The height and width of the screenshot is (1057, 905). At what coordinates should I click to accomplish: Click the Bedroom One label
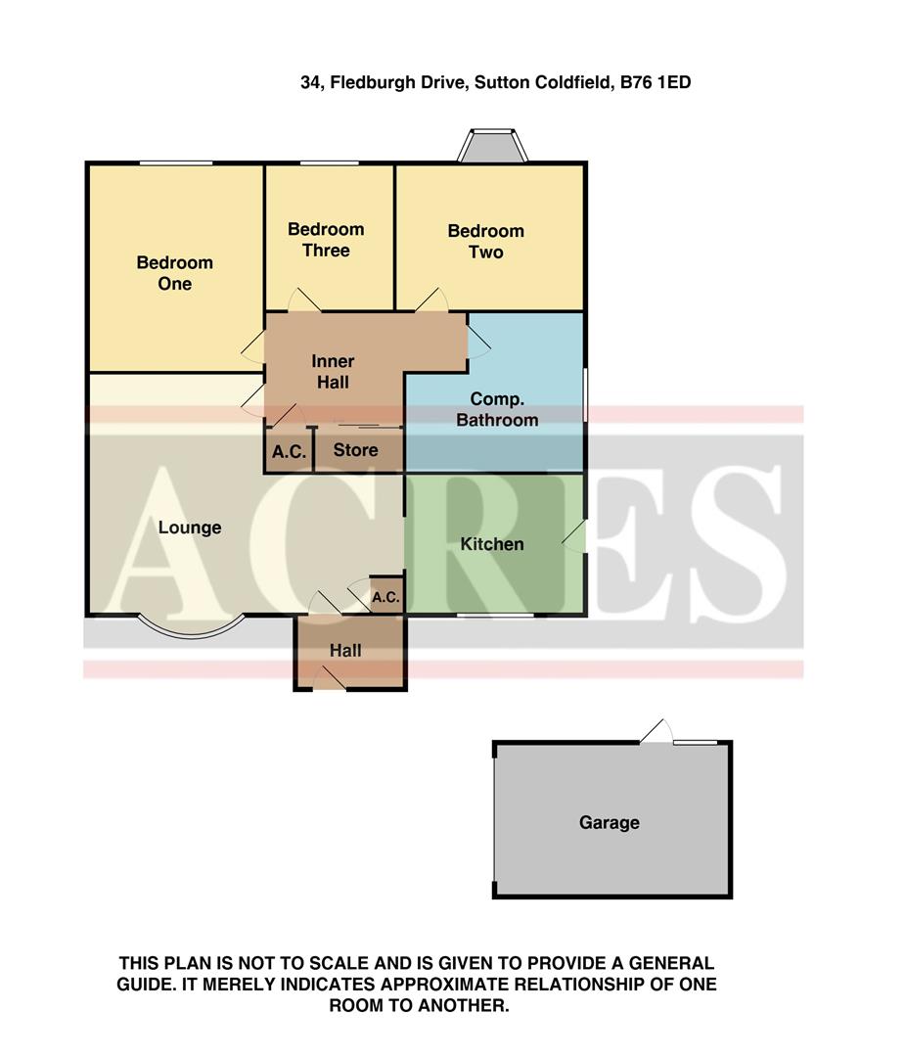[174, 273]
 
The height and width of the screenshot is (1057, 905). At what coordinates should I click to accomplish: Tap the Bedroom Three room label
[325, 240]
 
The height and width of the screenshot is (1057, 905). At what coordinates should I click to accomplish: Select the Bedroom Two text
[485, 242]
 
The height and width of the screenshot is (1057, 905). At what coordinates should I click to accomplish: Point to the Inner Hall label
[333, 372]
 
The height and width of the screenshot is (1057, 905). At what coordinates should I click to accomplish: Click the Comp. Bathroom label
[504, 409]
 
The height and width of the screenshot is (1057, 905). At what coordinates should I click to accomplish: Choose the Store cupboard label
[355, 450]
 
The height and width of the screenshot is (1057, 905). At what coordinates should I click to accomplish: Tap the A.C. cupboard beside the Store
[289, 452]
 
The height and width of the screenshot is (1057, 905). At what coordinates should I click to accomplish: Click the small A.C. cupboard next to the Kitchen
[385, 597]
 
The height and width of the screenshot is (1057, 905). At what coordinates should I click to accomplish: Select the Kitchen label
[492, 544]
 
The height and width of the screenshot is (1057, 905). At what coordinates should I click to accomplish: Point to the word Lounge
[190, 528]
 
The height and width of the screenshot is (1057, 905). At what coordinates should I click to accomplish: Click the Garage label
[610, 823]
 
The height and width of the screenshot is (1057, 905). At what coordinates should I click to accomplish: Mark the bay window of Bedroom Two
[492, 146]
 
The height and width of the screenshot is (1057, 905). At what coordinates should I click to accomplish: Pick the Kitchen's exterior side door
[576, 536]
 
